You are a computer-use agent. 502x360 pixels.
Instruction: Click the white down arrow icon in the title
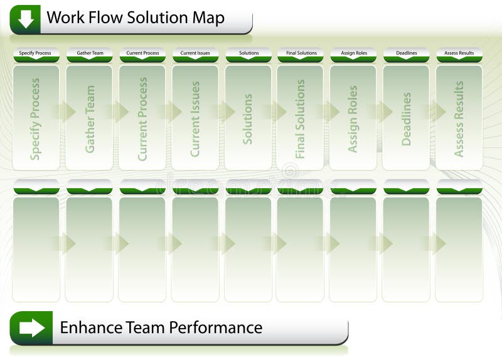pyautogui.click(x=25, y=19)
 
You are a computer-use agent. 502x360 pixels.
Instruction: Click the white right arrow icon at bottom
pyautogui.click(x=31, y=327)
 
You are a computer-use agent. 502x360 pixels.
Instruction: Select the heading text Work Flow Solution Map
pyautogui.click(x=136, y=18)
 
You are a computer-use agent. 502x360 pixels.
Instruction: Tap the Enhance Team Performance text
pyautogui.click(x=161, y=327)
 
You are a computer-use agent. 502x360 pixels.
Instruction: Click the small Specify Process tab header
pyautogui.click(x=36, y=53)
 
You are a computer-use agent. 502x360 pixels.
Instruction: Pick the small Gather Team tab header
pyautogui.click(x=90, y=53)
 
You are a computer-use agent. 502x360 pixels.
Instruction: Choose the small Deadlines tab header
pyautogui.click(x=406, y=53)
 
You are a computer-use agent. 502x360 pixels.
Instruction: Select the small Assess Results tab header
pyautogui.click(x=459, y=53)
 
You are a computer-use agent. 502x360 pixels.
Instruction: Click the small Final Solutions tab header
pyautogui.click(x=300, y=53)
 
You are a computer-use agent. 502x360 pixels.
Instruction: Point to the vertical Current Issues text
pyautogui.click(x=195, y=119)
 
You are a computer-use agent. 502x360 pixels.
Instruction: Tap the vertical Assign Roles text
pyautogui.click(x=353, y=119)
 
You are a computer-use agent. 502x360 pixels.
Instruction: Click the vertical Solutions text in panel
pyautogui.click(x=248, y=119)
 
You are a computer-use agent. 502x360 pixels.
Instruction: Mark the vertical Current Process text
pyautogui.click(x=143, y=119)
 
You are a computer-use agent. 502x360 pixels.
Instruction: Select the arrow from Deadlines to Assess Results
pyautogui.click(x=434, y=112)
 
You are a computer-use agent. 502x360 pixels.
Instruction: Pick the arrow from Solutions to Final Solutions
pyautogui.click(x=275, y=112)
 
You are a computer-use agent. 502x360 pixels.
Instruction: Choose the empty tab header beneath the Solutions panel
pyautogui.click(x=248, y=187)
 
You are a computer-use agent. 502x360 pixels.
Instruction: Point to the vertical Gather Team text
pyautogui.click(x=90, y=119)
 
